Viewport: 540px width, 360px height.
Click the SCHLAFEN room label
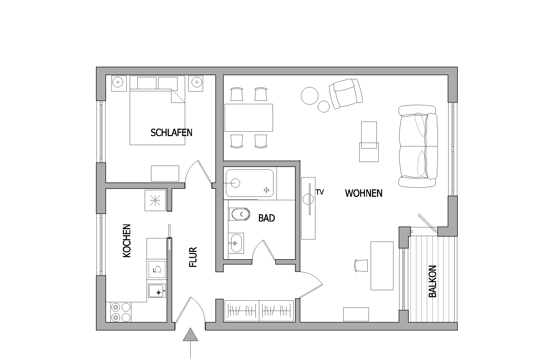(171, 132)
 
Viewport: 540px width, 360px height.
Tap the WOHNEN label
(364, 193)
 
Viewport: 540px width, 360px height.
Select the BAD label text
(267, 218)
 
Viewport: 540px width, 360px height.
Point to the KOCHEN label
(127, 241)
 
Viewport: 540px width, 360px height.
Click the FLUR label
(193, 257)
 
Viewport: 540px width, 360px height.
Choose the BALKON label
(433, 281)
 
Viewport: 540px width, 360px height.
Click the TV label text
(320, 192)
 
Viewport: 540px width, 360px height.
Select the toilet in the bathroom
(239, 214)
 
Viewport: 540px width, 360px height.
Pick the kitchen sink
(157, 291)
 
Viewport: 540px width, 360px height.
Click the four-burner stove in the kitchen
(118, 312)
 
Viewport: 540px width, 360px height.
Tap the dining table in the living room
(249, 118)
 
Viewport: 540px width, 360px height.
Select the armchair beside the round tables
(345, 94)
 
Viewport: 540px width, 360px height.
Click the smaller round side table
(324, 106)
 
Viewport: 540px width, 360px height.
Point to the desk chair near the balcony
(361, 266)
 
